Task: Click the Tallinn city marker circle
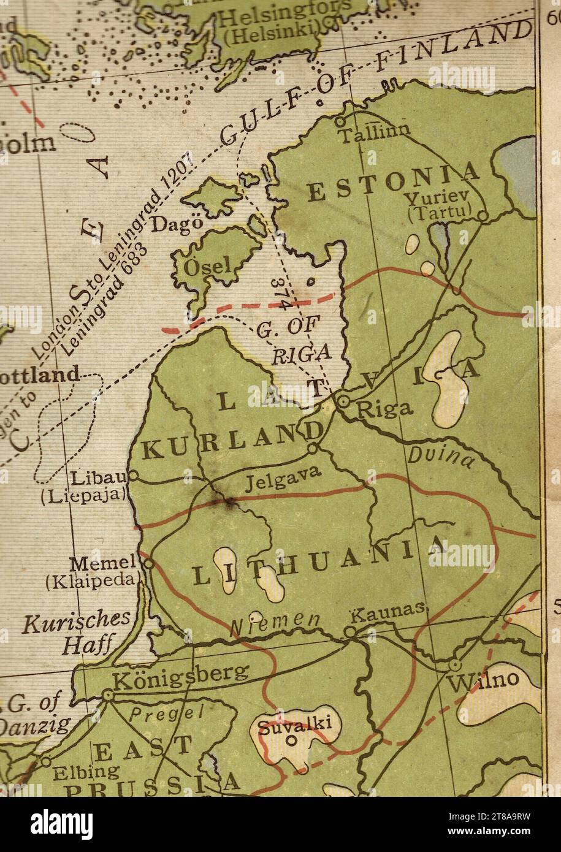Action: tap(340, 121)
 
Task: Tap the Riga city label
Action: tap(385, 409)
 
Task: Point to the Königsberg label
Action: tap(181, 677)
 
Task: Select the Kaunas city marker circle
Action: tap(349, 631)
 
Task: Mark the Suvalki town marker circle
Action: tap(291, 740)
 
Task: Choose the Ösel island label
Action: tap(210, 265)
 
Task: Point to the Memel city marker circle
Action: tap(147, 561)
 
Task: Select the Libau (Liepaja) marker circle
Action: tap(132, 475)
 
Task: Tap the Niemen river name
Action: tap(275, 622)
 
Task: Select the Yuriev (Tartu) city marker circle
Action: tap(483, 216)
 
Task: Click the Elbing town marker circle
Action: tap(45, 761)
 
